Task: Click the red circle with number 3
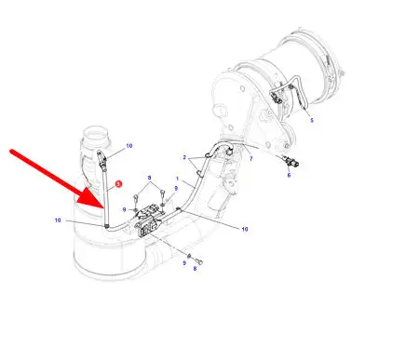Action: click(x=118, y=184)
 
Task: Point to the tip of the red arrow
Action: click(x=103, y=207)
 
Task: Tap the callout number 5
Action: click(x=312, y=120)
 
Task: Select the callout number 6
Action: click(x=289, y=175)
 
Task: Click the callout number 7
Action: click(x=250, y=159)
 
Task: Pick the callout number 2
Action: click(x=184, y=157)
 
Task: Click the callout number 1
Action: click(x=177, y=179)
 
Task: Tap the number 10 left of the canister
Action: click(x=58, y=220)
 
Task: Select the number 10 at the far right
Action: click(x=245, y=229)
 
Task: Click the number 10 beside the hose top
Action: click(x=129, y=146)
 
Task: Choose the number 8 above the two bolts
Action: click(x=149, y=178)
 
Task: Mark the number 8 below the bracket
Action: click(x=195, y=269)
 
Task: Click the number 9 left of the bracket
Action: click(x=124, y=210)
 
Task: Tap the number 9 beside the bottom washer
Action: click(x=184, y=263)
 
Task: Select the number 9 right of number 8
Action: click(x=176, y=188)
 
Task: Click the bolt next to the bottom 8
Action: click(x=199, y=262)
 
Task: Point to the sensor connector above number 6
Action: click(x=291, y=162)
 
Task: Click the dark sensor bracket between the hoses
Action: click(x=149, y=220)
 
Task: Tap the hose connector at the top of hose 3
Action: click(x=101, y=159)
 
